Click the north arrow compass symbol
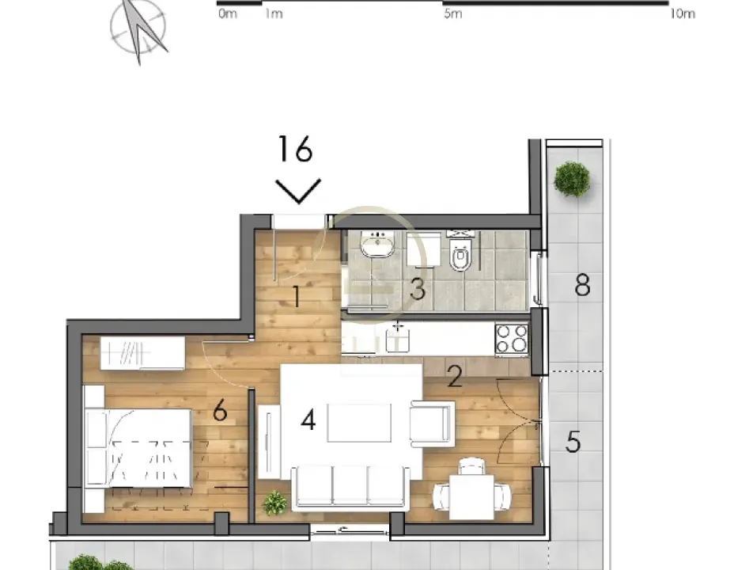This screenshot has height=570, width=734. tap(139, 28)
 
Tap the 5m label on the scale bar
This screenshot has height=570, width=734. tap(452, 14)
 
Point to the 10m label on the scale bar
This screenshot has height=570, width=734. tap(682, 14)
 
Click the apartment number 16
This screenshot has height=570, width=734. tap(296, 149)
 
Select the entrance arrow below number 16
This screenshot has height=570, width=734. tap(298, 191)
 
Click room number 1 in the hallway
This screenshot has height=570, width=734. tap(296, 298)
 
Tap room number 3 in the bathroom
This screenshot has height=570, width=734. tap(417, 289)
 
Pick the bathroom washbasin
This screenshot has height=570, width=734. tap(378, 245)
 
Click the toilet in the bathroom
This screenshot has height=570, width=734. tap(461, 253)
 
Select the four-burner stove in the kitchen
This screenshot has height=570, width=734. tap(511, 340)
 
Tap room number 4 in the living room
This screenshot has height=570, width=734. tap(308, 420)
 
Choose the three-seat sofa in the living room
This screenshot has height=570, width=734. tap(350, 486)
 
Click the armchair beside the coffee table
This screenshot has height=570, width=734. tap(433, 424)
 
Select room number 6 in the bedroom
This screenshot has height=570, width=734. tap(220, 411)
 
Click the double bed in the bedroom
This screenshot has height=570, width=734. tap(139, 448)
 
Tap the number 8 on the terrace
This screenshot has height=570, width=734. tap(582, 285)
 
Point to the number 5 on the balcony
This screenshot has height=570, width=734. tap(573, 441)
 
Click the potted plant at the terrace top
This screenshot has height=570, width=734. tap(571, 179)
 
